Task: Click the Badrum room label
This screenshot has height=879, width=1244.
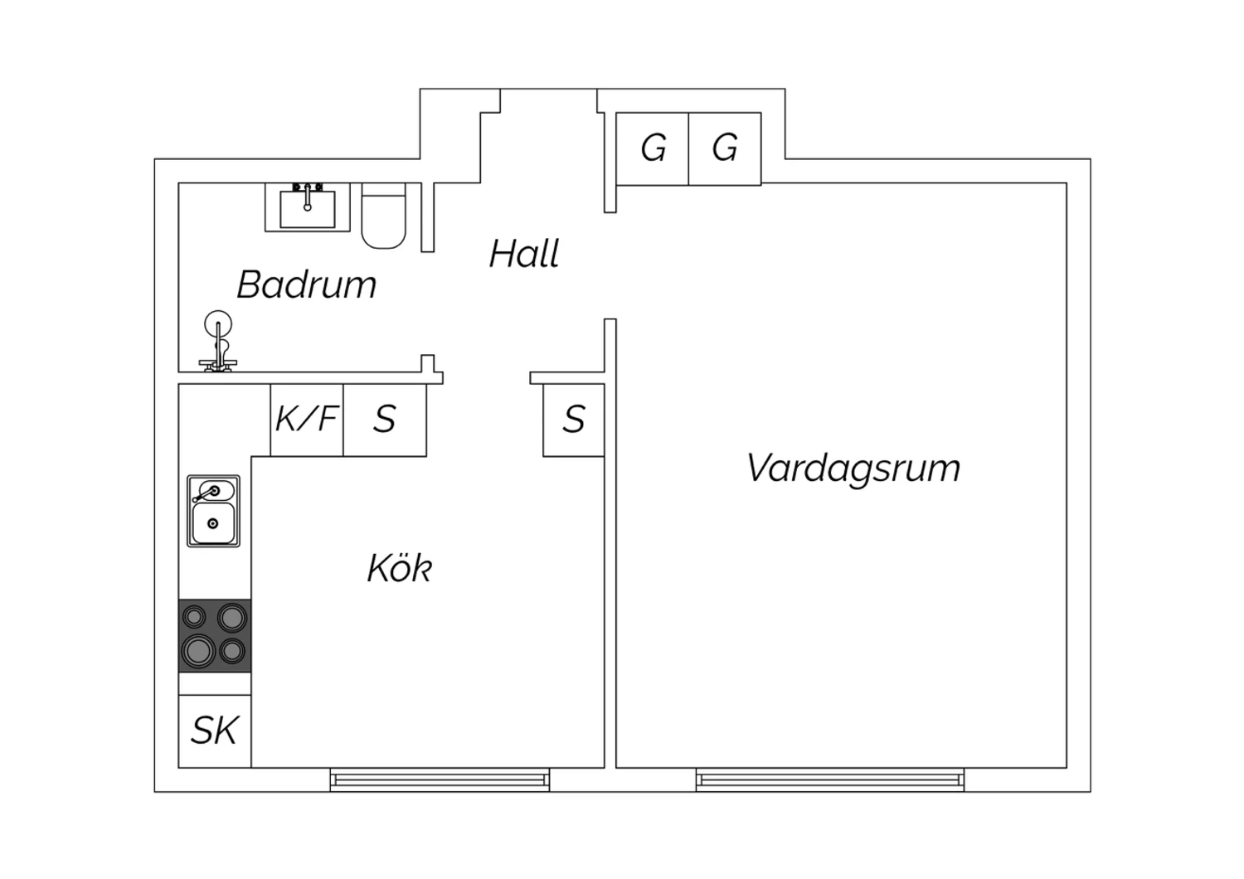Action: pyautogui.click(x=307, y=284)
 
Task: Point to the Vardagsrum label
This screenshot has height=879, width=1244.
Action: pyautogui.click(x=853, y=468)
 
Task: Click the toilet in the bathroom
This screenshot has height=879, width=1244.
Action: pyautogui.click(x=383, y=216)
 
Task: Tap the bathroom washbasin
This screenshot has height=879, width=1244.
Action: pyautogui.click(x=308, y=207)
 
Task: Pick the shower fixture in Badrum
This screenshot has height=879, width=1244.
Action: pyautogui.click(x=218, y=341)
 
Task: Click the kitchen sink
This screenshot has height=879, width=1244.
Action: pyautogui.click(x=213, y=511)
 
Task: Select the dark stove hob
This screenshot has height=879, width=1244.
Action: pyautogui.click(x=214, y=635)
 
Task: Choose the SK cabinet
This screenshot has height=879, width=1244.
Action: pyautogui.click(x=214, y=731)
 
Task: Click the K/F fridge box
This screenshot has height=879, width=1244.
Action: pyautogui.click(x=307, y=420)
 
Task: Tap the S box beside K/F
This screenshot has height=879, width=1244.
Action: pyautogui.click(x=385, y=420)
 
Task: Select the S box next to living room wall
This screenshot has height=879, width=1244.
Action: pyautogui.click(x=574, y=420)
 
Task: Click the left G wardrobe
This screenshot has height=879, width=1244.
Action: pyautogui.click(x=653, y=148)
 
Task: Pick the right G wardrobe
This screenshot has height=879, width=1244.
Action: pyautogui.click(x=725, y=148)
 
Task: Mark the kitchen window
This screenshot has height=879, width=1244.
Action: pyautogui.click(x=440, y=779)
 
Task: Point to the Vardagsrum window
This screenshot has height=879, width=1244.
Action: pyautogui.click(x=830, y=779)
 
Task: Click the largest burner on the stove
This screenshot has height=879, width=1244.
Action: pyautogui.click(x=198, y=650)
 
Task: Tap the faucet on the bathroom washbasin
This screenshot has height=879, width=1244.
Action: pyautogui.click(x=308, y=197)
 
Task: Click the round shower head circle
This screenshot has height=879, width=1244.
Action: pyautogui.click(x=218, y=324)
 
